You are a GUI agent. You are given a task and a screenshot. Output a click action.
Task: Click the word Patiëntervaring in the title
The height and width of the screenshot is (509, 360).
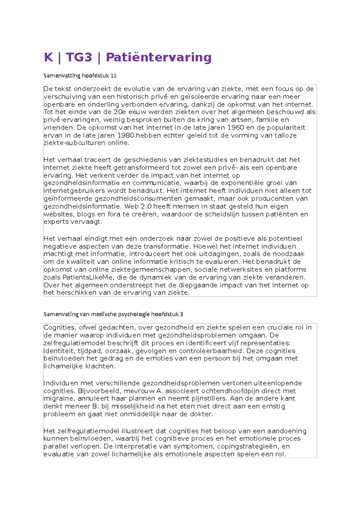(159, 57)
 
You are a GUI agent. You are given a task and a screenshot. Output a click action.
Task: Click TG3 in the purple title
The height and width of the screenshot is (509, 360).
(79, 57)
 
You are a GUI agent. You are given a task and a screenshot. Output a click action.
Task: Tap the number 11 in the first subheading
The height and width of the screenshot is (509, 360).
(113, 76)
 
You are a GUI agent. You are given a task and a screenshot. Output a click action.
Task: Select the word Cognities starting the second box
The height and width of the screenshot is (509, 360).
(59, 328)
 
